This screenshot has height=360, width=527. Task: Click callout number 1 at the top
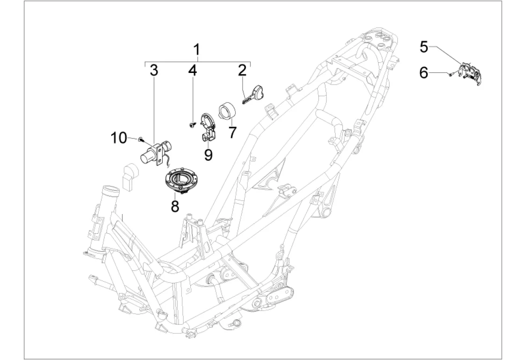click(x=197, y=50)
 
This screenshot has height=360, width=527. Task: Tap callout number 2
click(x=242, y=71)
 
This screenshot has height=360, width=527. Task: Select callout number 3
click(x=154, y=71)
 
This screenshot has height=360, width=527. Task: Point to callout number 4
click(x=192, y=71)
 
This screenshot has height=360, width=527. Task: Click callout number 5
click(x=424, y=47)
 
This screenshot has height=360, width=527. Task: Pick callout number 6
click(x=424, y=72)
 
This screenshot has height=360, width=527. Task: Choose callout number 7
click(x=232, y=132)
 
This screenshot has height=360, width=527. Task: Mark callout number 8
click(x=175, y=206)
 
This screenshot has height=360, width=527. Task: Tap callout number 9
click(x=208, y=155)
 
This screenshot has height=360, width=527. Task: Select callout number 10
click(x=119, y=137)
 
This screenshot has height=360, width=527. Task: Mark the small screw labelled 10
click(x=140, y=138)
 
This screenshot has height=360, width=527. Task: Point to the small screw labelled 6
click(x=449, y=74)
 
